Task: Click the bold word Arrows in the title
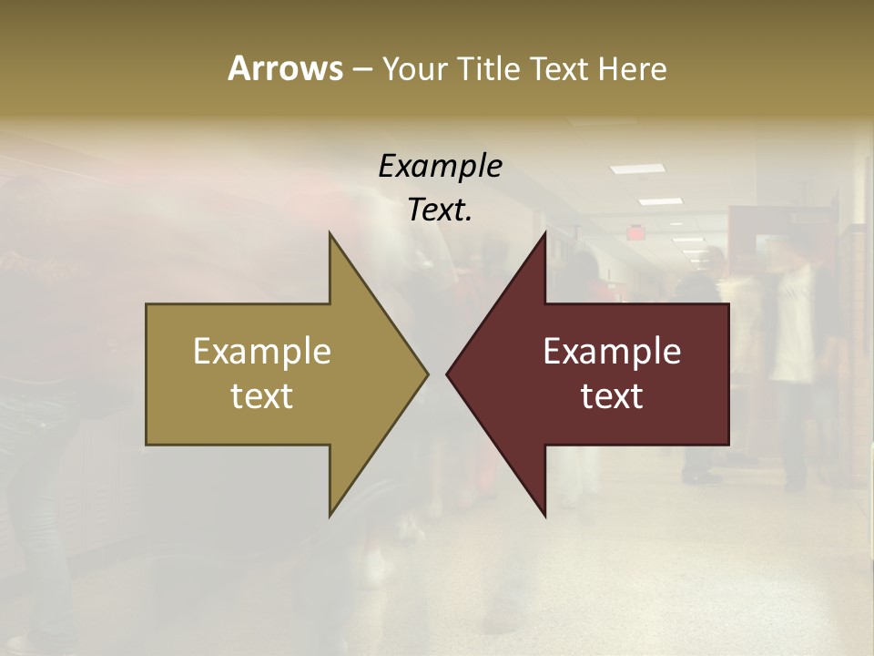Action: tap(284, 68)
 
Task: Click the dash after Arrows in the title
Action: tap(361, 69)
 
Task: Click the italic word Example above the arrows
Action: tap(440, 166)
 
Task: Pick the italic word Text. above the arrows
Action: tap(440, 210)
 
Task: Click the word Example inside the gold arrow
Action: tap(262, 351)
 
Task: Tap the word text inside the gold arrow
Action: tap(262, 395)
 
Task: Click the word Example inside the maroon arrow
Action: tap(612, 351)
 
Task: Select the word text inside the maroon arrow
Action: tap(612, 395)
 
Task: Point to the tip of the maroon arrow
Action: tap(448, 374)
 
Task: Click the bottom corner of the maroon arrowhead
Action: tap(544, 515)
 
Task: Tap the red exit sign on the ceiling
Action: tap(635, 233)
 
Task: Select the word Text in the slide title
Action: tap(563, 68)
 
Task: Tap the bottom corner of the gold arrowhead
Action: tap(330, 515)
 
